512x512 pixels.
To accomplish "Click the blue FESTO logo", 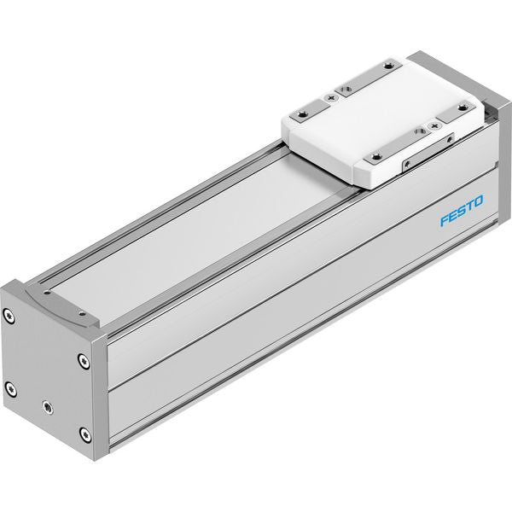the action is [x=462, y=211].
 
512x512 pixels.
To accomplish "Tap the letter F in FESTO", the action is [x=445, y=220].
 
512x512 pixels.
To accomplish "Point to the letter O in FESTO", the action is [x=478, y=201].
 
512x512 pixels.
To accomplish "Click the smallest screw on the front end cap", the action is [x=48, y=407].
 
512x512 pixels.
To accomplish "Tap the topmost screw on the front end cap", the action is [x=9, y=316].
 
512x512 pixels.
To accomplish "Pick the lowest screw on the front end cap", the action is [x=85, y=434].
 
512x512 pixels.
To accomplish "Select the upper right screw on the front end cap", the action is [x=84, y=362].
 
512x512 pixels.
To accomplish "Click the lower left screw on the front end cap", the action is [x=11, y=389].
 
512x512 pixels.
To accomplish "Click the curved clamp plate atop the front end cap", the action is [x=62, y=305].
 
